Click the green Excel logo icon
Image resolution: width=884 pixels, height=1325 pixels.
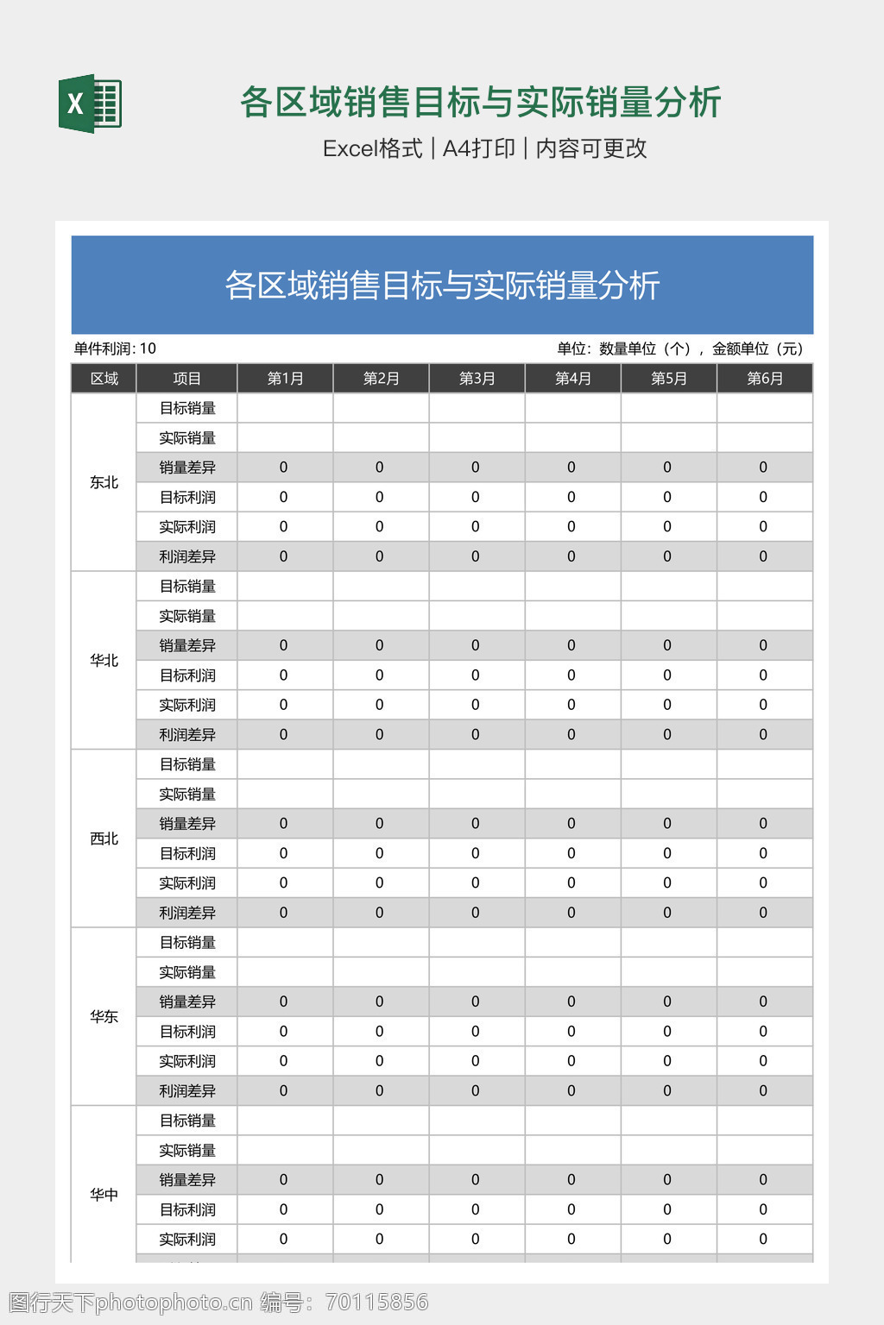90,104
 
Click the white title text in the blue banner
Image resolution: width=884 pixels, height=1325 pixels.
442,286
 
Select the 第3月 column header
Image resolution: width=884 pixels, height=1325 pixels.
477,379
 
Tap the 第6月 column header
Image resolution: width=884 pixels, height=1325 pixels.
764,379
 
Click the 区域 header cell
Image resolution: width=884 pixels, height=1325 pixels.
104,379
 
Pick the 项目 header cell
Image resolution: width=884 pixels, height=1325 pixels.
186,379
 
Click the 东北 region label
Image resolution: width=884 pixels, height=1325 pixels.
104,482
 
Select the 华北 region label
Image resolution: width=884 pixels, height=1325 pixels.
104,661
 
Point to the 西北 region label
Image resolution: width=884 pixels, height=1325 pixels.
104,838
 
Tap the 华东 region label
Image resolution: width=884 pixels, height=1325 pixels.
104,1017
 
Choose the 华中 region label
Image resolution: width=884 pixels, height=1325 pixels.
104,1195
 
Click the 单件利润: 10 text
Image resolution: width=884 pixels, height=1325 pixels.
115,349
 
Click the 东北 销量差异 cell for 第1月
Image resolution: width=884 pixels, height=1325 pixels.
284,468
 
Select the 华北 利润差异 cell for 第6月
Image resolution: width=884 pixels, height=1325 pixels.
763,735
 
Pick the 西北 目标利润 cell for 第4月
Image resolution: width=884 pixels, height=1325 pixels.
571,853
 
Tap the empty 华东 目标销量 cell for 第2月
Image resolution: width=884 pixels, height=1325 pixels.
381,943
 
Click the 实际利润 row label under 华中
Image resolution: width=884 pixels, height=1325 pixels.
186,1240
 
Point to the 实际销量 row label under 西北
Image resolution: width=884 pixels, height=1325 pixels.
186,794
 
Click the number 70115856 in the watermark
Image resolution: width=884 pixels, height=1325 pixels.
376,1303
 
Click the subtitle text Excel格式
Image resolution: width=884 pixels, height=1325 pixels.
372,148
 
